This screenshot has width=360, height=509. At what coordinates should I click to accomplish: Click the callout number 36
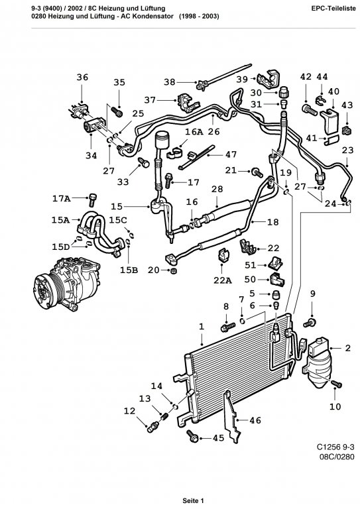(x=82, y=78)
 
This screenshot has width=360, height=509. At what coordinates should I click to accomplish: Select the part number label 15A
(x=61, y=220)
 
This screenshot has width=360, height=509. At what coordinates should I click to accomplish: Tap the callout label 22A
(x=222, y=280)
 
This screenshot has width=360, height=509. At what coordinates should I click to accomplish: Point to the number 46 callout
(x=255, y=421)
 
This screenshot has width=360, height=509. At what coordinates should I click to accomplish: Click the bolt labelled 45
(x=193, y=436)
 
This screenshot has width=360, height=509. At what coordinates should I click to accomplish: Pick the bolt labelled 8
(x=228, y=327)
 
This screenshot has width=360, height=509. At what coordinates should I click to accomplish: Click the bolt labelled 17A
(x=93, y=199)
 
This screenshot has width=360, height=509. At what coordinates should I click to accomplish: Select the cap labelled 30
(x=284, y=92)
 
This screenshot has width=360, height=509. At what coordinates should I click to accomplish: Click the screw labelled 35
(x=117, y=112)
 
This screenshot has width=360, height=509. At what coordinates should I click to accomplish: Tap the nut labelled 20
(x=174, y=270)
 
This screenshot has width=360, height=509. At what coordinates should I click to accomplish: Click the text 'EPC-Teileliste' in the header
(x=333, y=9)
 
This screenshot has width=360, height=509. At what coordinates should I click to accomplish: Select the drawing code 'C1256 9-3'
(x=335, y=447)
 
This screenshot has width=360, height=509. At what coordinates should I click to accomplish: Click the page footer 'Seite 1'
(x=193, y=500)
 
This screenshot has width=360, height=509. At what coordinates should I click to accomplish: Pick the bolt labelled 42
(x=310, y=109)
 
